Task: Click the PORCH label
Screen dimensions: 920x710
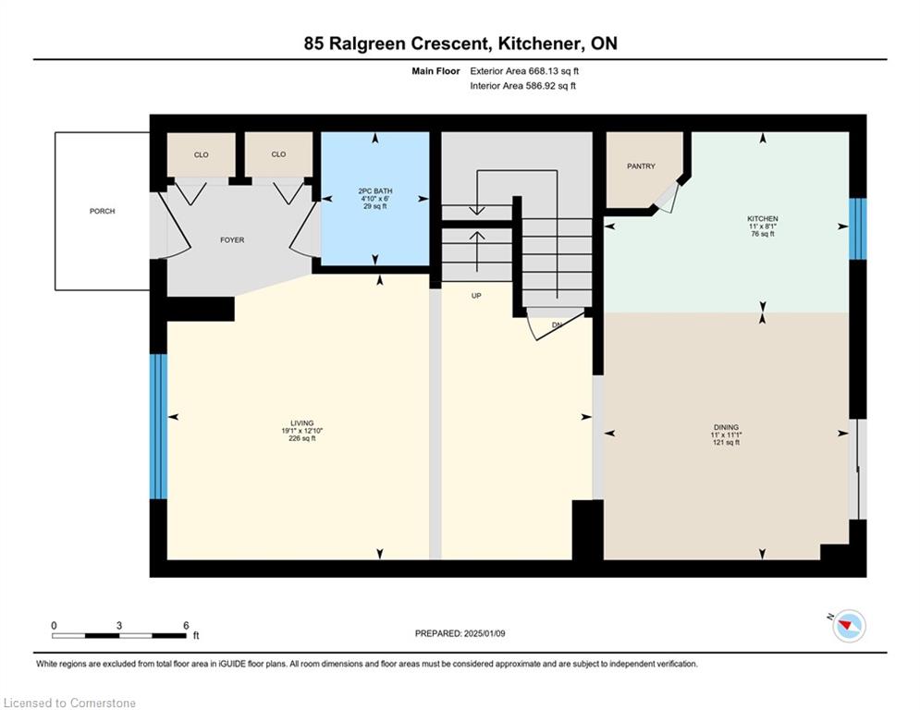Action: coord(102,211)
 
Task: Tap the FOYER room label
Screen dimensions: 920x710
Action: coord(232,240)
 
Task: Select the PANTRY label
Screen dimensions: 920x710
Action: coord(641,166)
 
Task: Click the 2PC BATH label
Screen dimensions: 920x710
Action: coord(374,191)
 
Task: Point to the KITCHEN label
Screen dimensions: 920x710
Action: coord(763,219)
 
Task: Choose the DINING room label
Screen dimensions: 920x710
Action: coord(727,428)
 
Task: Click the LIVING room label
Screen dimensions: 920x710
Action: coord(302,423)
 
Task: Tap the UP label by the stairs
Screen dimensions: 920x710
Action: coord(476,296)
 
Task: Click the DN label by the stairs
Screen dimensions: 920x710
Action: coord(557,324)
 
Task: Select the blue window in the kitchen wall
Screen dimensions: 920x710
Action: coord(858,229)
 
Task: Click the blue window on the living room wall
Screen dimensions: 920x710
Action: coord(158,426)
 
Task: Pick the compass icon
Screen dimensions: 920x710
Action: coord(849,626)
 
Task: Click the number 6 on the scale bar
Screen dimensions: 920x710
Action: coord(186,626)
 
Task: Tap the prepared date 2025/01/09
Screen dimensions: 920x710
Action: coord(485,633)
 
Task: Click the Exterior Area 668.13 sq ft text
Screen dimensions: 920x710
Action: coord(524,71)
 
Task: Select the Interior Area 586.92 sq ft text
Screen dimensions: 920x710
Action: coord(522,86)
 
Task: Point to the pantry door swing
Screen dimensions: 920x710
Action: coord(668,198)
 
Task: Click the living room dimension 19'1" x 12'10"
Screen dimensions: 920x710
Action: coord(302,431)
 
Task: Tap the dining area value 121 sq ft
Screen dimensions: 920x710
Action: coord(727,443)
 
